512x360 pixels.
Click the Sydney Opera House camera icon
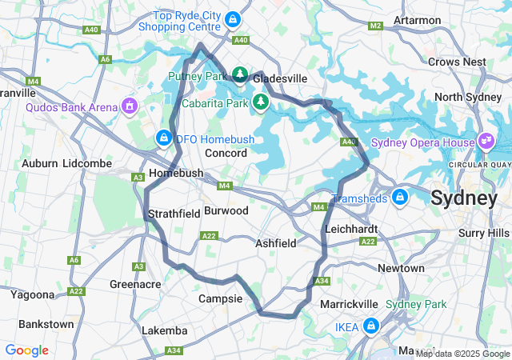pos(486,142)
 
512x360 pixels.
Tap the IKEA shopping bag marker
pos(371,326)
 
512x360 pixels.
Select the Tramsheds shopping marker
pos(400,197)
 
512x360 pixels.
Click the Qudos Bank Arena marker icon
pos(129,106)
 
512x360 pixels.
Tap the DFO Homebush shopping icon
pos(164,138)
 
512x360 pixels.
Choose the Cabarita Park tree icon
pos(260,102)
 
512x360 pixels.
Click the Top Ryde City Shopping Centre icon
pos(233,18)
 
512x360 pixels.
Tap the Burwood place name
pos(226,210)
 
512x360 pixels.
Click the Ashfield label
pos(276,242)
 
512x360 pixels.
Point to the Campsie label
pos(220,298)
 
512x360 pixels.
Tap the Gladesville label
pos(280,79)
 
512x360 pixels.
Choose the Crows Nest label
pos(458,62)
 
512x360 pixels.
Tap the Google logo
pos(26,350)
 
